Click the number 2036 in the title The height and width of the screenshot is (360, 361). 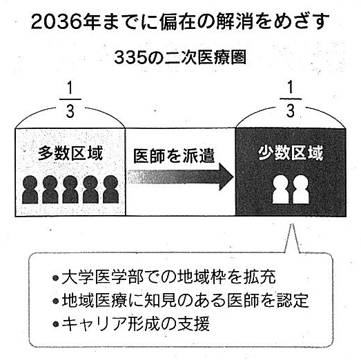tap(57, 22)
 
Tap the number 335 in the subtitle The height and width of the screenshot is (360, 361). tap(130, 57)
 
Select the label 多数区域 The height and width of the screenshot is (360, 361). tap(70, 153)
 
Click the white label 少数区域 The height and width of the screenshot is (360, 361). tap(291, 153)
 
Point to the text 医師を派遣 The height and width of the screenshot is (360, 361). tap(174, 156)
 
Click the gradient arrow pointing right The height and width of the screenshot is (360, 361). tap(181, 177)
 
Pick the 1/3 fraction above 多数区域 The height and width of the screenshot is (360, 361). tap(70, 100)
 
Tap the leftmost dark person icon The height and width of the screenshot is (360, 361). tap(30, 190)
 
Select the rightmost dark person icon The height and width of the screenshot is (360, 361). tap(110, 190)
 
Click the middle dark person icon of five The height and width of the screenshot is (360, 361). tap(70, 190)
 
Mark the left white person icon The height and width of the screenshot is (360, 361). tap(281, 190)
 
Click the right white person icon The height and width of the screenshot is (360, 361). tap(301, 190)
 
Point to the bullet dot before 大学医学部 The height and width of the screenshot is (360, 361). tap(56, 278)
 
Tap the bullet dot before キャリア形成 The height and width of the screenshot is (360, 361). tap(56, 324)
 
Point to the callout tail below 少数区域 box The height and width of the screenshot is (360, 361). tap(292, 239)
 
